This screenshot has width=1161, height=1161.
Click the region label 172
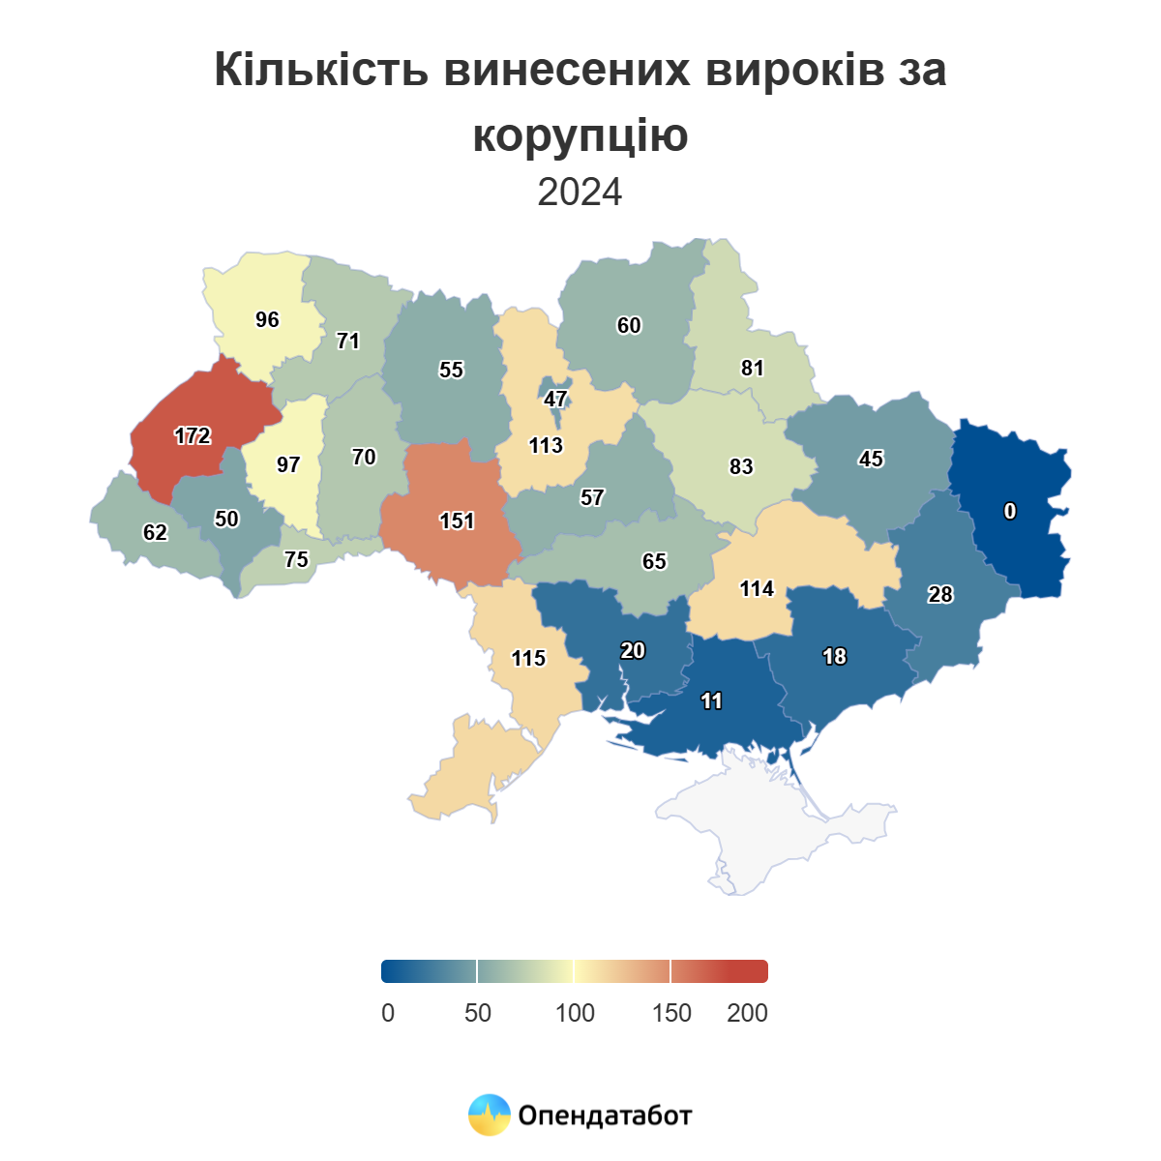[193, 436]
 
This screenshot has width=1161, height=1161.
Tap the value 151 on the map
[457, 521]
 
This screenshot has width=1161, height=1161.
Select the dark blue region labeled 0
[1010, 512]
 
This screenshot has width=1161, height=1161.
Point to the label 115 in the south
[528, 659]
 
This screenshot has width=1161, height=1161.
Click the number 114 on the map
[757, 589]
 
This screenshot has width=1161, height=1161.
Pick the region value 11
[712, 701]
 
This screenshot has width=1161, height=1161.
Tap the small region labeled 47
[555, 400]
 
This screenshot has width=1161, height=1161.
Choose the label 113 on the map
[546, 446]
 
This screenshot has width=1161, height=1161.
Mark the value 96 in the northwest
[267, 320]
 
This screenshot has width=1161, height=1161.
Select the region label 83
[741, 467]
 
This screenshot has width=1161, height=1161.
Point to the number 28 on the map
[940, 595]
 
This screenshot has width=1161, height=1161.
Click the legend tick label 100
[575, 1013]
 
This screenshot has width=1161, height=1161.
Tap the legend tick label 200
[747, 1013]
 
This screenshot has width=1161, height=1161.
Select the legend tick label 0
[388, 1013]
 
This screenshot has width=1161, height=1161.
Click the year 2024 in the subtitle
[580, 193]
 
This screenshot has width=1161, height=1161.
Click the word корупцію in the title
[580, 134]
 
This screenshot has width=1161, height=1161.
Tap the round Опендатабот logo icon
[489, 1115]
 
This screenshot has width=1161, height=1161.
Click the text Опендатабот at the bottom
[606, 1116]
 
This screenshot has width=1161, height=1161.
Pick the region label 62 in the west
[155, 533]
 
